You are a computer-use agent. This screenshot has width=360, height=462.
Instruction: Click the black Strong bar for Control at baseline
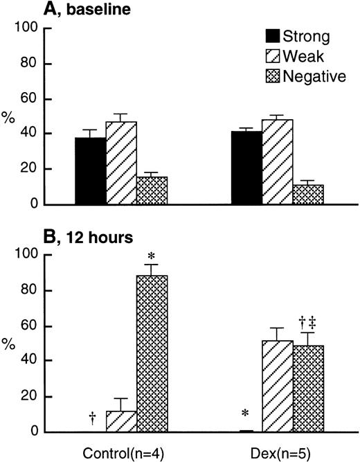pyautogui.click(x=90, y=171)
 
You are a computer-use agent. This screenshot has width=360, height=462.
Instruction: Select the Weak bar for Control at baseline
pyautogui.click(x=120, y=163)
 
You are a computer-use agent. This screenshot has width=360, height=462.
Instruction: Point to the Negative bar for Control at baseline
pyautogui.click(x=152, y=190)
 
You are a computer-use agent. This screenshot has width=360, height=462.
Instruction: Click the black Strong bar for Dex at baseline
pyautogui.click(x=246, y=168)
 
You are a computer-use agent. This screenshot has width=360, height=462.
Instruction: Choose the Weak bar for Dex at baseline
pyautogui.click(x=277, y=162)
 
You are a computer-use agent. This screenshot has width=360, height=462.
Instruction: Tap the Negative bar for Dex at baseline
pyautogui.click(x=307, y=195)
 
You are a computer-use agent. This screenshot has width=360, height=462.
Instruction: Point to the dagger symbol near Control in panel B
pyautogui.click(x=92, y=417)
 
